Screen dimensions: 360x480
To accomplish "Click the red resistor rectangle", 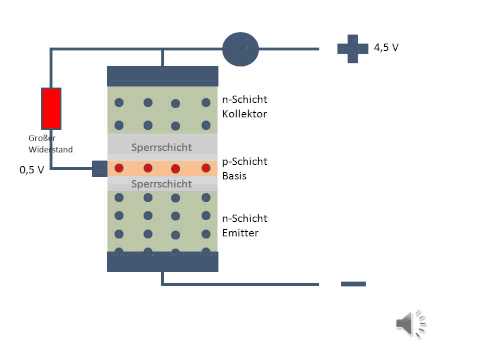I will (x=51, y=108).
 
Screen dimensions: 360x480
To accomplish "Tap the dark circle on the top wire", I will (x=240, y=48).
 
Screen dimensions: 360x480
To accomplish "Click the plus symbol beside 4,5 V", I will (x=352, y=48).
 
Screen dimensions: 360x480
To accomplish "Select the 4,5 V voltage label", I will (x=387, y=47).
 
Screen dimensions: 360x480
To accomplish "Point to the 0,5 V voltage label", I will (x=31, y=169).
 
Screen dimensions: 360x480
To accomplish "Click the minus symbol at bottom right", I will (x=353, y=284).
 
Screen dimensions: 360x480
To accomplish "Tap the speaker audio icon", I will (x=410, y=322).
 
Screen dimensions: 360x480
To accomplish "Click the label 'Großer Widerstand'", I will (x=50, y=143).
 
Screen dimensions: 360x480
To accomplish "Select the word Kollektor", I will (x=246, y=115).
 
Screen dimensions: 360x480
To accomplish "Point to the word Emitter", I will (x=241, y=233).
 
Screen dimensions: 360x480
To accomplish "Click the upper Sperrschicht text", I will (x=162, y=147).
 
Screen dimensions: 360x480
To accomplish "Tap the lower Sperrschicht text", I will (x=162, y=184).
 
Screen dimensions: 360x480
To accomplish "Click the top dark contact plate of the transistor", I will (x=162, y=76).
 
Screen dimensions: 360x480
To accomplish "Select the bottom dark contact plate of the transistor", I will (x=162, y=261).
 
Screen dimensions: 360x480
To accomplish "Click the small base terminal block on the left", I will (x=99, y=168).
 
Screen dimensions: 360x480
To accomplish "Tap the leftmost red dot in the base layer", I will (x=119, y=168).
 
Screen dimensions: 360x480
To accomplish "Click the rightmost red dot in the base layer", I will (x=205, y=168).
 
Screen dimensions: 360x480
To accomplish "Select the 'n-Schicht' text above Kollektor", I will (x=244, y=100).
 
